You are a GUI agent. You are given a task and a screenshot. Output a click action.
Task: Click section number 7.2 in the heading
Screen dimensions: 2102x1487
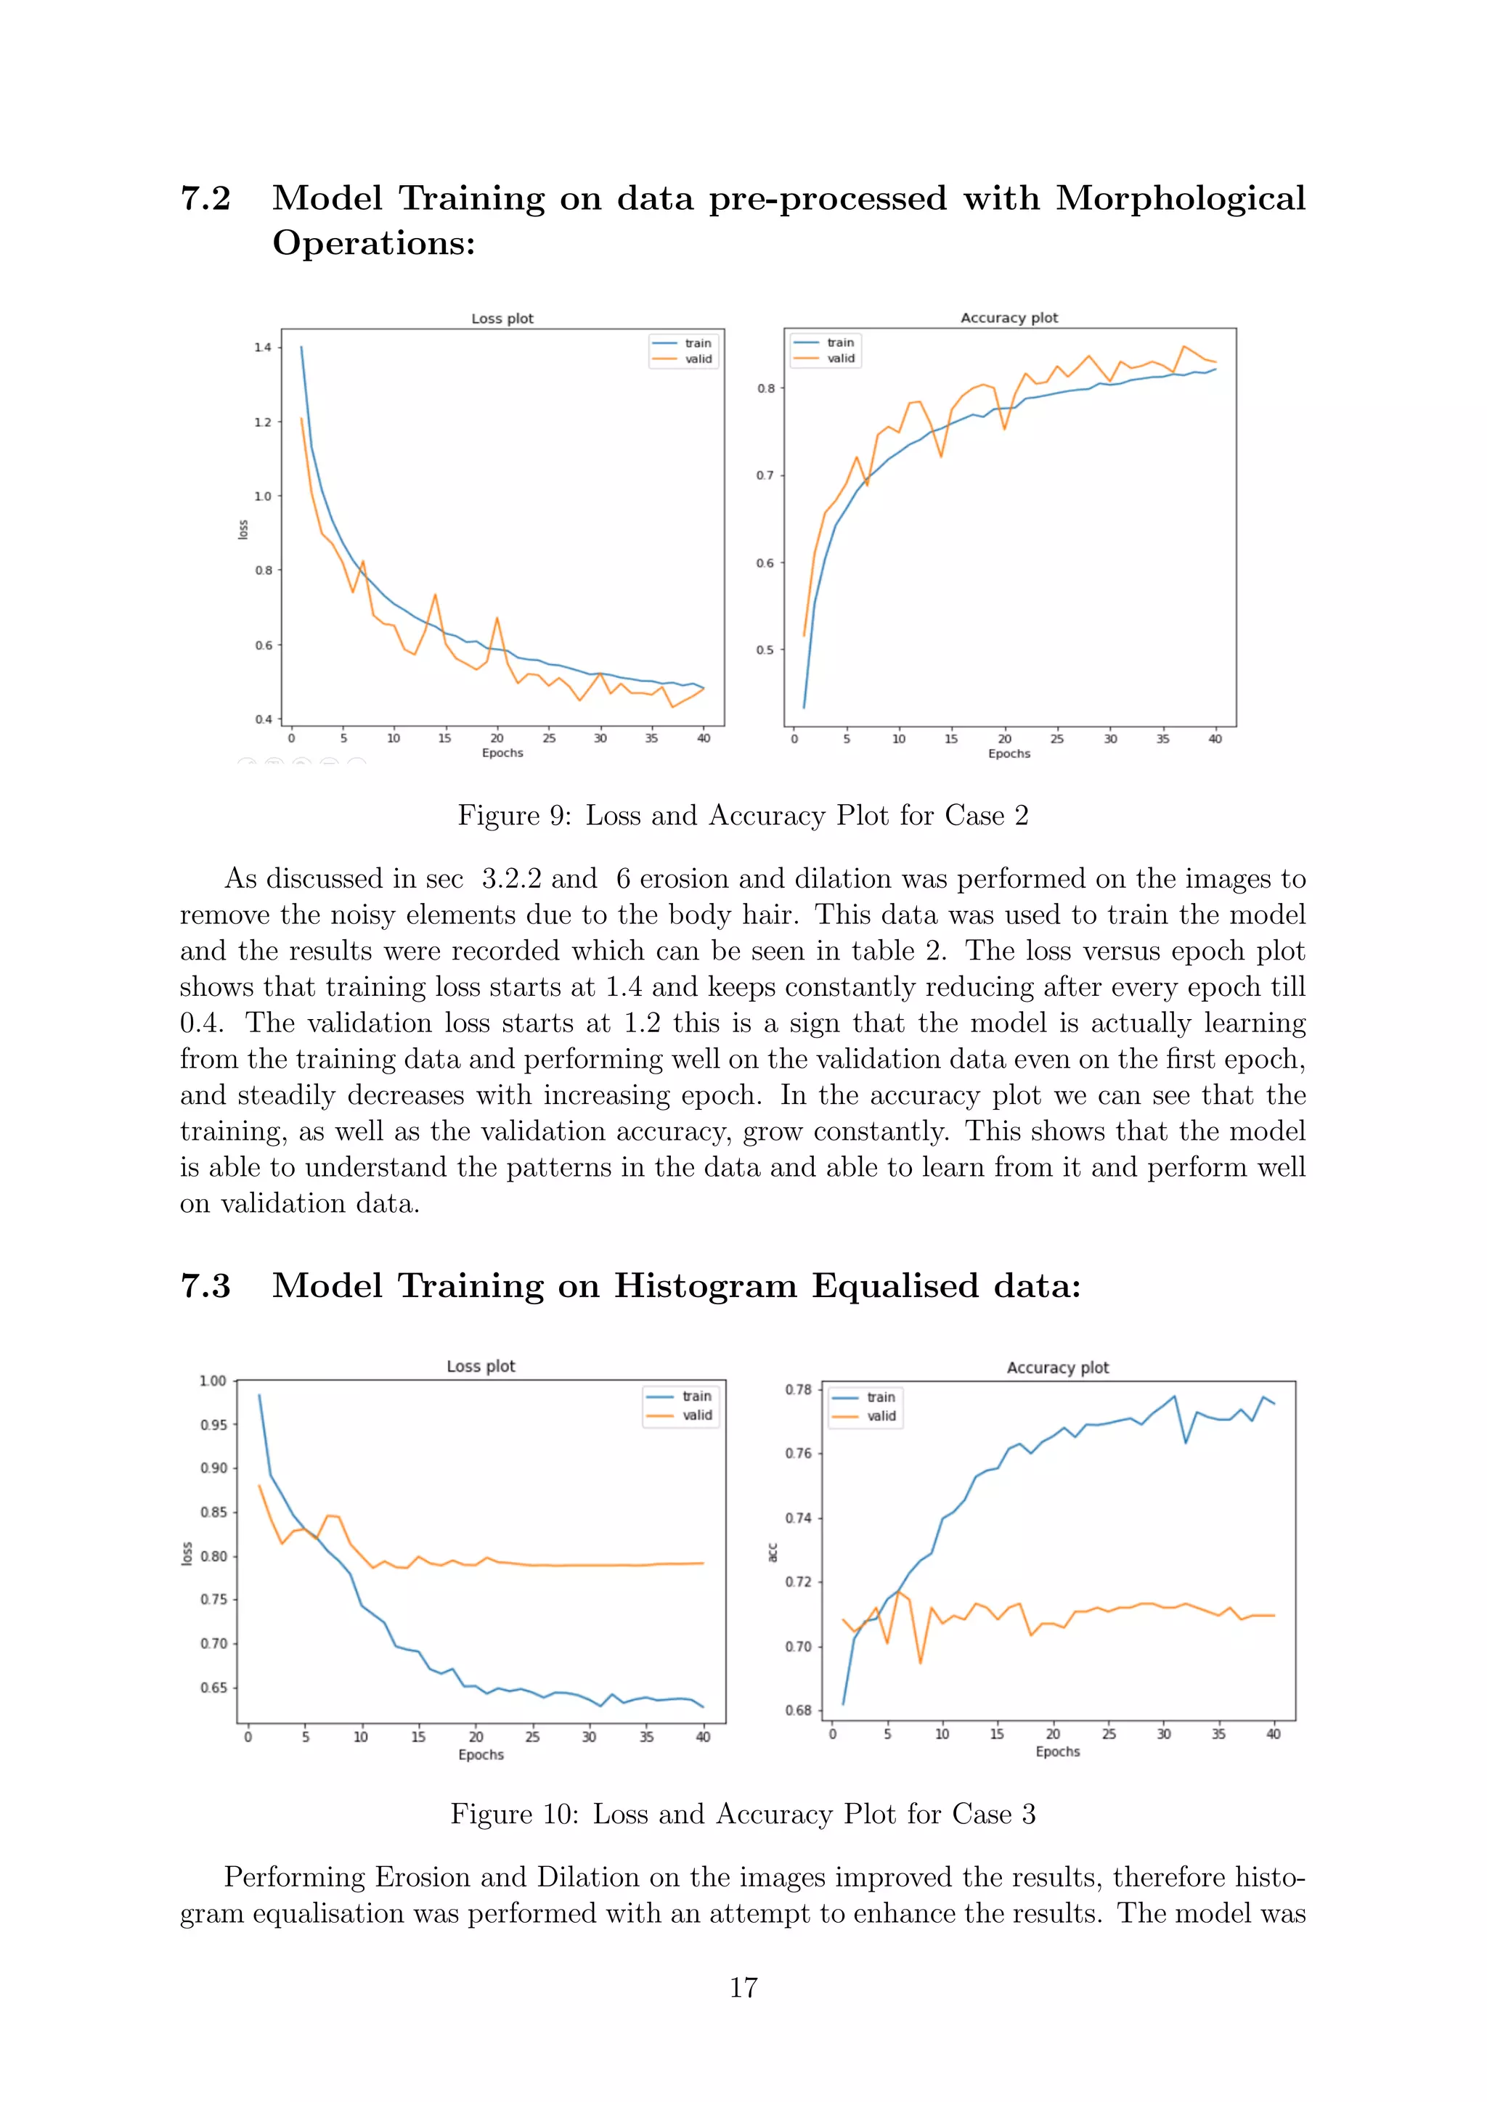click(206, 199)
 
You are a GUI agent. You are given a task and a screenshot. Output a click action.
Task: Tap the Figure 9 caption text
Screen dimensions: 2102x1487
click(743, 815)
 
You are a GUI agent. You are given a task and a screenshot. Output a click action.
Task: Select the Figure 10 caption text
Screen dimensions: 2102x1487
click(743, 1814)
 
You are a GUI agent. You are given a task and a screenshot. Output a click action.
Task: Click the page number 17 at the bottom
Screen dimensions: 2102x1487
click(743, 1987)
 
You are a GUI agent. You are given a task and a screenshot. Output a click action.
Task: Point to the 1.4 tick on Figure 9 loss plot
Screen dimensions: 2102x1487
click(263, 347)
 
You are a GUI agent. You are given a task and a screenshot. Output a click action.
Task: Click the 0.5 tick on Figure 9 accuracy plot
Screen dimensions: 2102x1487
click(765, 650)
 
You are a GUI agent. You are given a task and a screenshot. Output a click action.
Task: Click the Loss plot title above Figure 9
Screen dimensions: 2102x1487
click(502, 319)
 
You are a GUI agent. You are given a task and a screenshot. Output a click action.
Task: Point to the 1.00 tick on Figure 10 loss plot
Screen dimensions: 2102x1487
click(213, 1381)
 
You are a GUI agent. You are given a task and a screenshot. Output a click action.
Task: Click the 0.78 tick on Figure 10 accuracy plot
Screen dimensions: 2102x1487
click(797, 1390)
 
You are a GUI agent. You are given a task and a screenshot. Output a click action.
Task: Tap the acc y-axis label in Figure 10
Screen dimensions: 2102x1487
click(772, 1552)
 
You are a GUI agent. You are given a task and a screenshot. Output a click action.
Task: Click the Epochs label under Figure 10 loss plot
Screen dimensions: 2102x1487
click(481, 1754)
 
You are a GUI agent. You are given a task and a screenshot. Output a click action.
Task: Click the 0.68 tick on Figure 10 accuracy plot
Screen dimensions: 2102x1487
click(797, 1710)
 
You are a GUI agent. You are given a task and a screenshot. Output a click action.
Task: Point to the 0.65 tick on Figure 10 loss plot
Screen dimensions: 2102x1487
click(213, 1688)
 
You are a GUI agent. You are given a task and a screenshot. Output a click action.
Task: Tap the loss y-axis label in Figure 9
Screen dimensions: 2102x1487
click(243, 529)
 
